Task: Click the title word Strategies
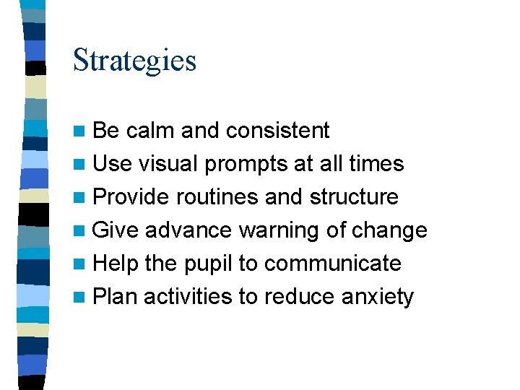coord(134,60)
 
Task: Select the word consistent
coord(277,131)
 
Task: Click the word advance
coord(188,230)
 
